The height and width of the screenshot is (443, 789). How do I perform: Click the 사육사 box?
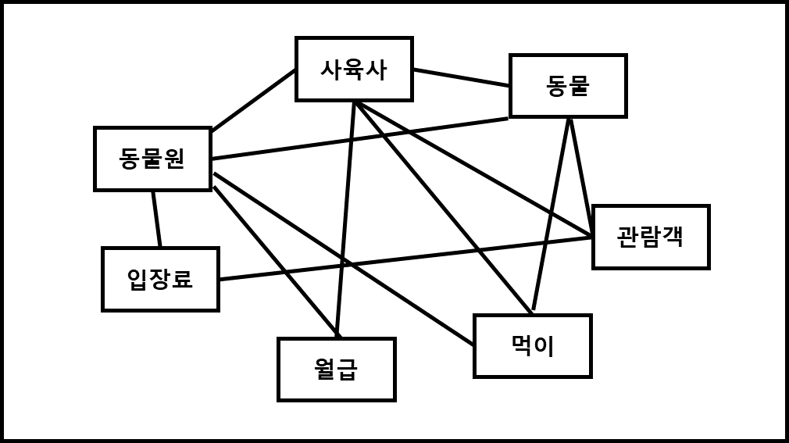(354, 70)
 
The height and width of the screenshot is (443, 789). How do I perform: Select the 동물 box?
(568, 86)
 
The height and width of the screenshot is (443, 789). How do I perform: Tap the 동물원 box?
(152, 159)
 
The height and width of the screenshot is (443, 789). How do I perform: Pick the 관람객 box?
(651, 237)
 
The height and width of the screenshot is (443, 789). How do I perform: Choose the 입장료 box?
(160, 279)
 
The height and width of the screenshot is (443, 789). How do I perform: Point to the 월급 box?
(337, 370)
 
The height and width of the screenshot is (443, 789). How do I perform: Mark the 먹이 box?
(533, 346)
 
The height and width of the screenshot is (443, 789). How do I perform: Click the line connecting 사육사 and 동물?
(461, 77)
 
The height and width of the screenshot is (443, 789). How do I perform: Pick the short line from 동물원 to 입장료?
(156, 219)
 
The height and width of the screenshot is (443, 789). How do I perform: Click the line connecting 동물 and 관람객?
(580, 176)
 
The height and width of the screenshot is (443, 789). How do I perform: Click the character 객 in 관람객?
(673, 237)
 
